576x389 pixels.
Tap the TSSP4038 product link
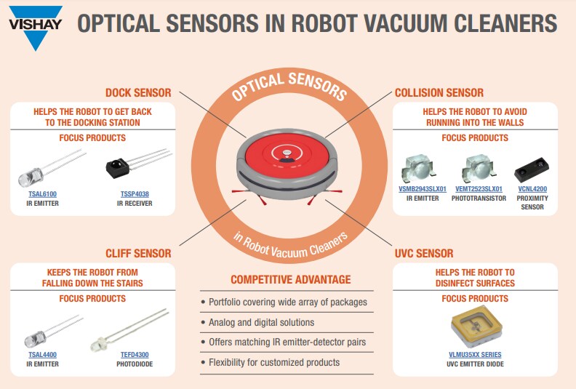[135, 194]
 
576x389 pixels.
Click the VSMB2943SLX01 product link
[423, 189]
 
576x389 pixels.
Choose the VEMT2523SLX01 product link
[479, 189]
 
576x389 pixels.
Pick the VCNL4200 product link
[532, 189]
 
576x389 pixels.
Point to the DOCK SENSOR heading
[138, 93]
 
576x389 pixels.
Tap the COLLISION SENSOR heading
[439, 93]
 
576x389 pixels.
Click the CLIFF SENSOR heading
[137, 254]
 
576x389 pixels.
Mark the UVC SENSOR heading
[423, 254]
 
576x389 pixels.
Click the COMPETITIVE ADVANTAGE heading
[290, 279]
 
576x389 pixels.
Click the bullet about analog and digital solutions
[261, 322]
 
